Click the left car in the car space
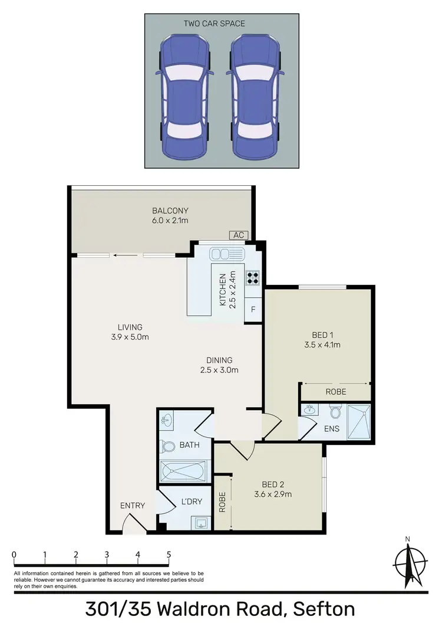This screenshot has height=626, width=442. (x=183, y=97)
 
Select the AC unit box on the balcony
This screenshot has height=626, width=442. (x=239, y=235)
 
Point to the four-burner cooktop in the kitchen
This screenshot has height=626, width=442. (x=254, y=277)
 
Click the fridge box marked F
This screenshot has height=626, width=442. (x=253, y=309)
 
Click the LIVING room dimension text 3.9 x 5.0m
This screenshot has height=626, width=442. (x=129, y=337)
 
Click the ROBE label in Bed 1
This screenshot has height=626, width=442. (x=335, y=392)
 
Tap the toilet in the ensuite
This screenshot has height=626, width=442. (x=335, y=411)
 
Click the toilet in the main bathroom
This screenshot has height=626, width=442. (x=167, y=447)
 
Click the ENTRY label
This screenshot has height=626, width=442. (x=133, y=506)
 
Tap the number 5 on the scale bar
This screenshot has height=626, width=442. (x=169, y=555)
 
